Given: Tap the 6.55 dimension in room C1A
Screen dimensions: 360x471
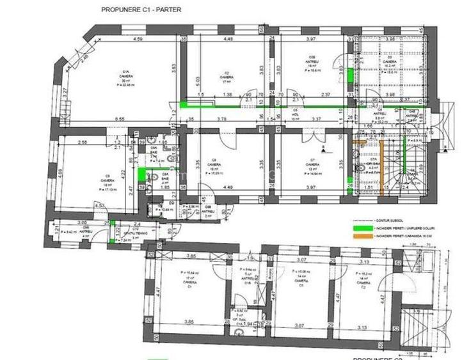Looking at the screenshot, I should [x=119, y=119].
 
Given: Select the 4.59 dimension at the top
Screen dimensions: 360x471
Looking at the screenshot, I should [x=138, y=40].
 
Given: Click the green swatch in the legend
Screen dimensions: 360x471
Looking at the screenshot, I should [x=363, y=226].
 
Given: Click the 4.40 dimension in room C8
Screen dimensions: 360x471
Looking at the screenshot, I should [x=228, y=187].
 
